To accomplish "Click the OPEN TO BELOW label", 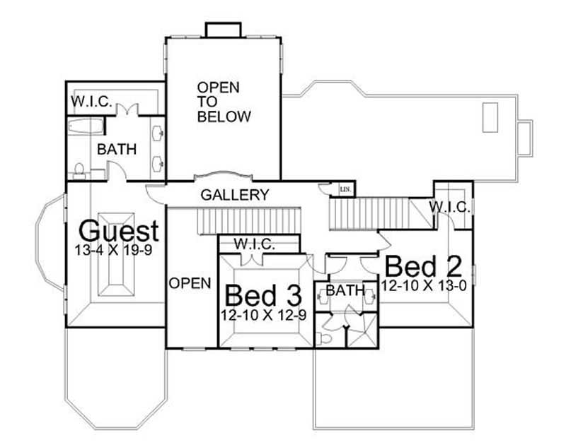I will pyautogui.click(x=224, y=102).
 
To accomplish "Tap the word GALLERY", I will pyautogui.click(x=235, y=195).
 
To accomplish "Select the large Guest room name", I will pyautogui.click(x=118, y=231).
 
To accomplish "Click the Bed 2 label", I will pyautogui.click(x=423, y=267).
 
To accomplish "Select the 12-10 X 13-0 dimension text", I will pyautogui.click(x=424, y=286).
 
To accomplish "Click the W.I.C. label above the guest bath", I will pyautogui.click(x=91, y=102).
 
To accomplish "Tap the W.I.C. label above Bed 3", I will pyautogui.click(x=254, y=244).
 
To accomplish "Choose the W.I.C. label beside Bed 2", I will pyautogui.click(x=446, y=207).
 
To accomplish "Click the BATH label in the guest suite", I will pyautogui.click(x=117, y=150).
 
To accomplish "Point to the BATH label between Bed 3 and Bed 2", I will pyautogui.click(x=346, y=290).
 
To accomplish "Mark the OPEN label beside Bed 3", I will pyautogui.click(x=190, y=283).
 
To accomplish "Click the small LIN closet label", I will pyautogui.click(x=345, y=189).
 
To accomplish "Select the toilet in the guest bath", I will pyautogui.click(x=79, y=169).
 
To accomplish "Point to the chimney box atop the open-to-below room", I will pyautogui.click(x=223, y=30).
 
